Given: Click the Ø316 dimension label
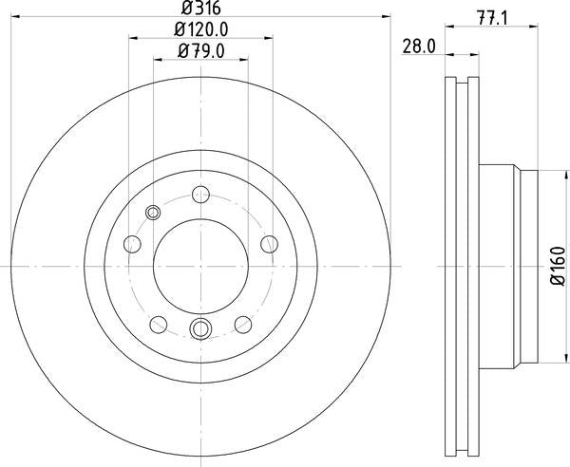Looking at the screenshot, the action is click(201, 8).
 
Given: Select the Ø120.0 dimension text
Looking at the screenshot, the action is click(201, 29).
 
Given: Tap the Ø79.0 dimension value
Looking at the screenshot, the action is click(201, 51).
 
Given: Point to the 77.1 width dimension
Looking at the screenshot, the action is click(492, 19).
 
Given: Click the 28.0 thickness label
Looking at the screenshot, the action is click(419, 47).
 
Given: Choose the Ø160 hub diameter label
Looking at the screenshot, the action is click(559, 266).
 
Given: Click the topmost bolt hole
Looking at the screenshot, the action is click(200, 195).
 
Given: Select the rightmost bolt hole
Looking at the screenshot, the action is click(270, 244).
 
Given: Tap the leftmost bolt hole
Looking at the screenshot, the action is click(132, 244).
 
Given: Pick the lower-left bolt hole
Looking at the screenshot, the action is click(159, 325).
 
